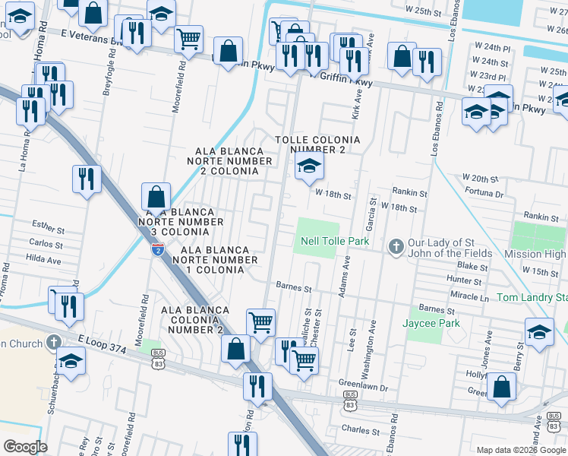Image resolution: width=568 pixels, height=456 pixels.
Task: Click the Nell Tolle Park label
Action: [334, 242]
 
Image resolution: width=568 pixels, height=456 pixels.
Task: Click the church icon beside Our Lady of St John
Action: [395, 247]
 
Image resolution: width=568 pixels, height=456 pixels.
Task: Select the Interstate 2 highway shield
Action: [157, 249]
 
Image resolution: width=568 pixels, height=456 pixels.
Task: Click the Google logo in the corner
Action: [25, 446]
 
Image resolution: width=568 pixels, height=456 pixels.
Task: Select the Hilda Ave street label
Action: [45, 259]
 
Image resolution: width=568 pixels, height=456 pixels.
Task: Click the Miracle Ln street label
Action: [470, 295]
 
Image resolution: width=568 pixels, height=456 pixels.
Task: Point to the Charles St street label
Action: [361, 430]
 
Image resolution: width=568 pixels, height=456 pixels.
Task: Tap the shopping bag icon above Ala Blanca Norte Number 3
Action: [156, 197]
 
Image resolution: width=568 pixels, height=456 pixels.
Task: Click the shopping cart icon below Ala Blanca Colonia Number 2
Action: [260, 321]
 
